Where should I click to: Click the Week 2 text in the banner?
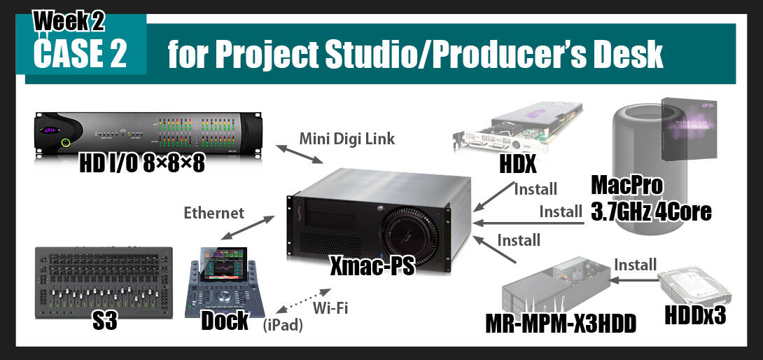point(68,21)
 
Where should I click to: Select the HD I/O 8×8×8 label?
point(142,164)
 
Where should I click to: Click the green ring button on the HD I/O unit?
point(66,143)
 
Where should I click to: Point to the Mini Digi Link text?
point(347,139)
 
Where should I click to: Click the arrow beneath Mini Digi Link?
point(300,154)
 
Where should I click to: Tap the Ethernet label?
point(214,213)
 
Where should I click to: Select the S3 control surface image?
point(104,283)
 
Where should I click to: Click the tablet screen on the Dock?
point(224,264)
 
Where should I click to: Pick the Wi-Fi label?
point(330,308)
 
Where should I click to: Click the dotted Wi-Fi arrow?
point(303,301)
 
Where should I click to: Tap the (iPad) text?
point(283,326)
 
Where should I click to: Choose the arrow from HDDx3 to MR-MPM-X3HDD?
point(633,280)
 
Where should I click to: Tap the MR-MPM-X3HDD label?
point(561,324)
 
